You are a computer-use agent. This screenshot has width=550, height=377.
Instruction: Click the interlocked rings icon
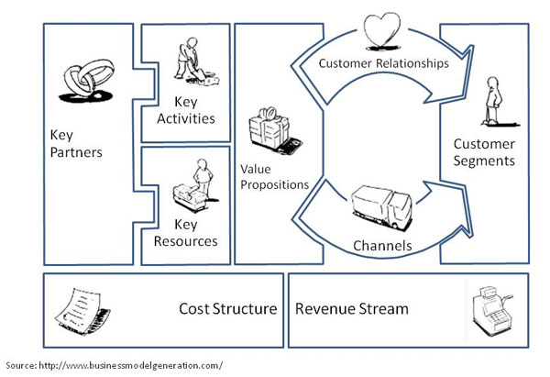click(x=87, y=81)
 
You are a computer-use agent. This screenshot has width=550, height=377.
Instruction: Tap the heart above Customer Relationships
click(x=381, y=30)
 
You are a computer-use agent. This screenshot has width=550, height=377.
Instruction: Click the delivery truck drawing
click(x=381, y=208)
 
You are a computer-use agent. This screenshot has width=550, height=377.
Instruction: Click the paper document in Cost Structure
click(x=82, y=311)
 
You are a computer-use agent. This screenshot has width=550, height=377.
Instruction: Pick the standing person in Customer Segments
click(x=496, y=102)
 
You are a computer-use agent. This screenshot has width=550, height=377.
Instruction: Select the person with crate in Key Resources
click(x=195, y=185)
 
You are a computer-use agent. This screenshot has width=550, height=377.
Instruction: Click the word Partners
click(x=76, y=152)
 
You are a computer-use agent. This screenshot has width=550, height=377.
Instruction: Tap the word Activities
click(x=186, y=118)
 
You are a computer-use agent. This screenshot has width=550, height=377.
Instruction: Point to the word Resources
click(x=185, y=241)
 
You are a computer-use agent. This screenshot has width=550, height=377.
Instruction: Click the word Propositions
click(x=275, y=185)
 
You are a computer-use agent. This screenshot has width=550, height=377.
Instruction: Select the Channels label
click(x=382, y=246)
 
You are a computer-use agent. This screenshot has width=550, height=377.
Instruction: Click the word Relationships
click(x=412, y=63)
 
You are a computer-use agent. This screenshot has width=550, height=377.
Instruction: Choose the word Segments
click(x=484, y=161)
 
